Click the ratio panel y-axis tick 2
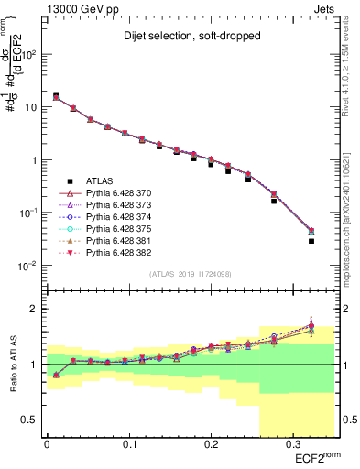tap(35, 309)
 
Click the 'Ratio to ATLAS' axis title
tap(12, 364)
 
